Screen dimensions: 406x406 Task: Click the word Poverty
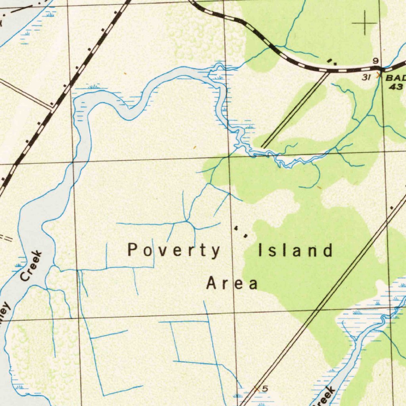[x=174, y=251]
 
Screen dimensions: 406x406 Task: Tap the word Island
[x=295, y=251]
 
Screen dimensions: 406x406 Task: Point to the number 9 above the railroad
[x=375, y=61]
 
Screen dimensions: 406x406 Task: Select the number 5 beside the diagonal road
[x=265, y=389]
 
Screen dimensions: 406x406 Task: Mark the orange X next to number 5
[x=257, y=389]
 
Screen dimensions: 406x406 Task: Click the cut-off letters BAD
[x=396, y=78]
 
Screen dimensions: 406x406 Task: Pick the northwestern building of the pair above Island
[x=237, y=229]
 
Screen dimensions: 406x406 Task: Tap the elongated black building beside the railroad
[x=329, y=60]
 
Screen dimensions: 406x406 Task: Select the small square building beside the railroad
[x=336, y=63]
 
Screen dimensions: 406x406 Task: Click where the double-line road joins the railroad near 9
[x=329, y=72]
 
